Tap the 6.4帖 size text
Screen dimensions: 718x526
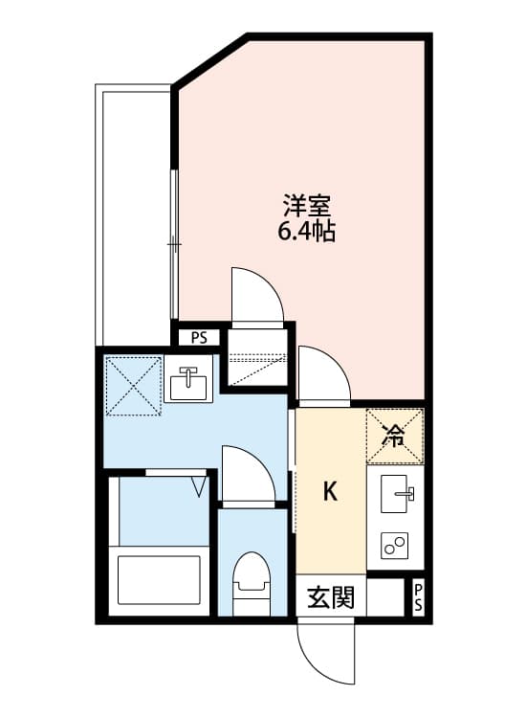click(x=305, y=231)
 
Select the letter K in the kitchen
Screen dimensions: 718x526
click(x=329, y=492)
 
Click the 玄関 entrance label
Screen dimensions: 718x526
click(x=331, y=599)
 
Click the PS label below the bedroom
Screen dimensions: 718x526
click(x=199, y=337)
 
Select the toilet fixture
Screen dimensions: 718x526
click(x=252, y=584)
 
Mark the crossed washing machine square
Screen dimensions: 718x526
click(x=132, y=386)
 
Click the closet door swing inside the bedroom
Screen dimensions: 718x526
click(x=254, y=297)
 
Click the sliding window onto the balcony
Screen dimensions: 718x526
click(x=174, y=244)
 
